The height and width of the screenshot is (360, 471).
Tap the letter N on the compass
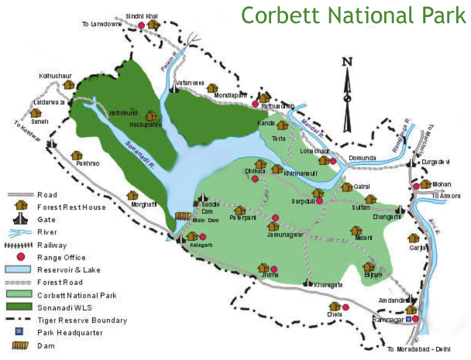[348, 63]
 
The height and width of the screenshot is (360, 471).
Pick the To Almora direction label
[447, 197]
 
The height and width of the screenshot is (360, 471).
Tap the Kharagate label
[328, 286]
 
